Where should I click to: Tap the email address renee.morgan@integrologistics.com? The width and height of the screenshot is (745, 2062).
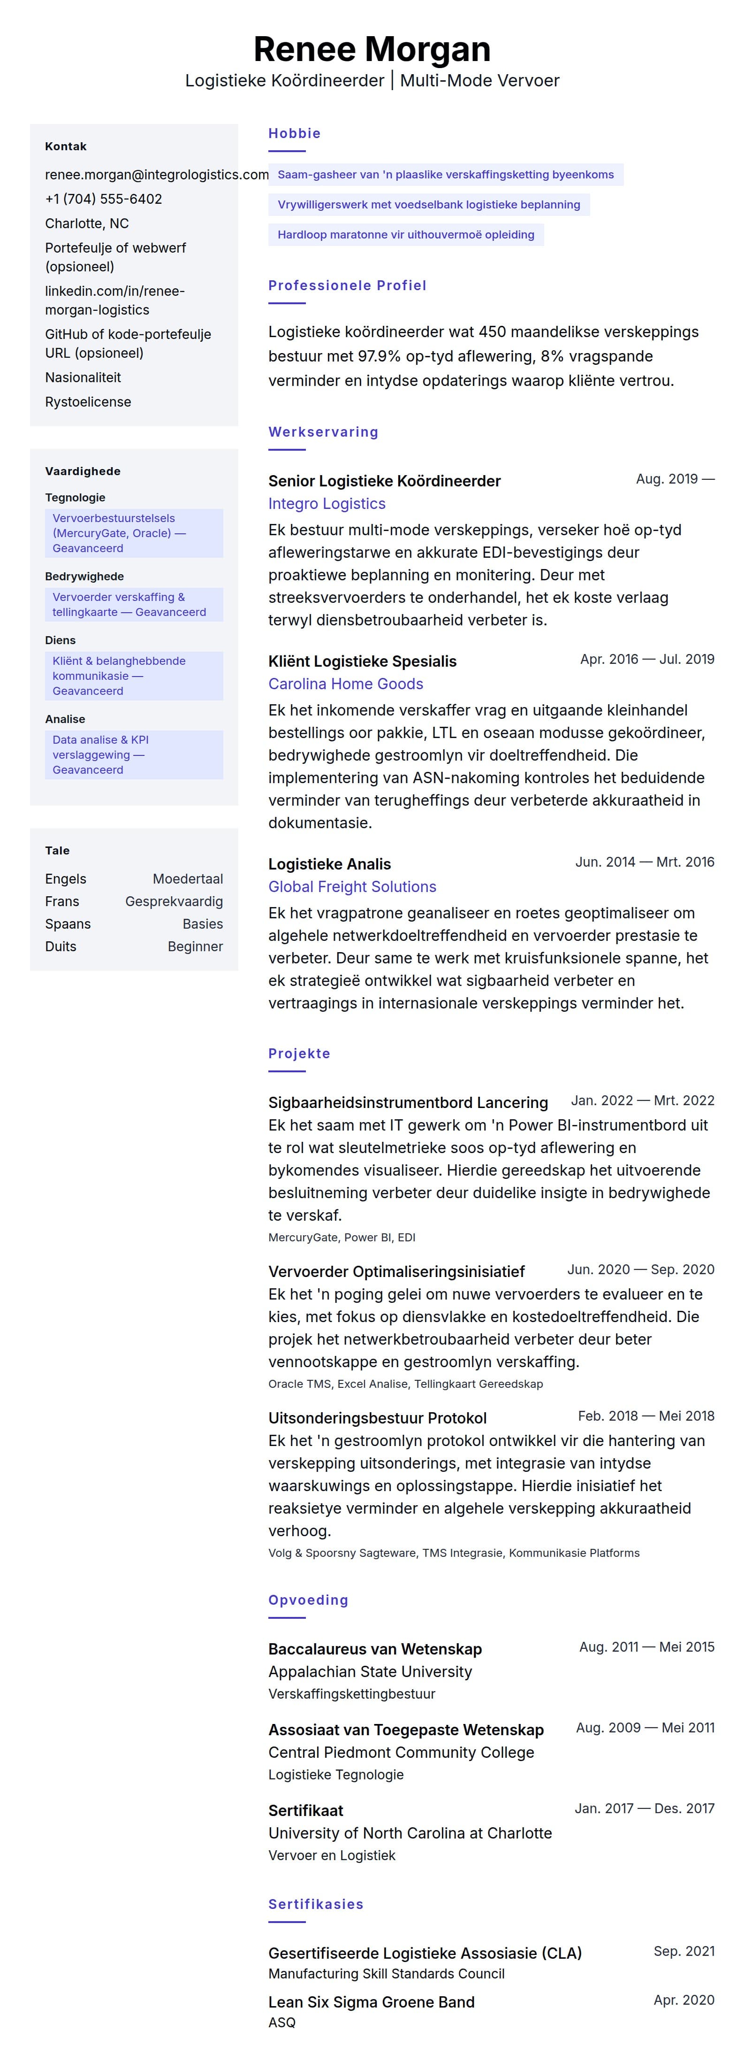(157, 175)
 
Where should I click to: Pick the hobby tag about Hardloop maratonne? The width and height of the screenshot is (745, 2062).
(406, 235)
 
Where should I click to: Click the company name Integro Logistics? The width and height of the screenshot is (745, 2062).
(327, 503)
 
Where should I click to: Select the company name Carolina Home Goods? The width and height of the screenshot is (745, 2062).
(346, 684)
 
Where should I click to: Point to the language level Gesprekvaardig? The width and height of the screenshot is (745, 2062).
(174, 901)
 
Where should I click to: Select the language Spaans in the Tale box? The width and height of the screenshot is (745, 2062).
(68, 924)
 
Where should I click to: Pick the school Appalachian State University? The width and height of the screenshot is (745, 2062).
(370, 1671)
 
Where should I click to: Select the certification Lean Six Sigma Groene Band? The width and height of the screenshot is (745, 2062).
(371, 2002)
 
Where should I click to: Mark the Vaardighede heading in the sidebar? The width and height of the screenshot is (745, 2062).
(83, 471)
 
